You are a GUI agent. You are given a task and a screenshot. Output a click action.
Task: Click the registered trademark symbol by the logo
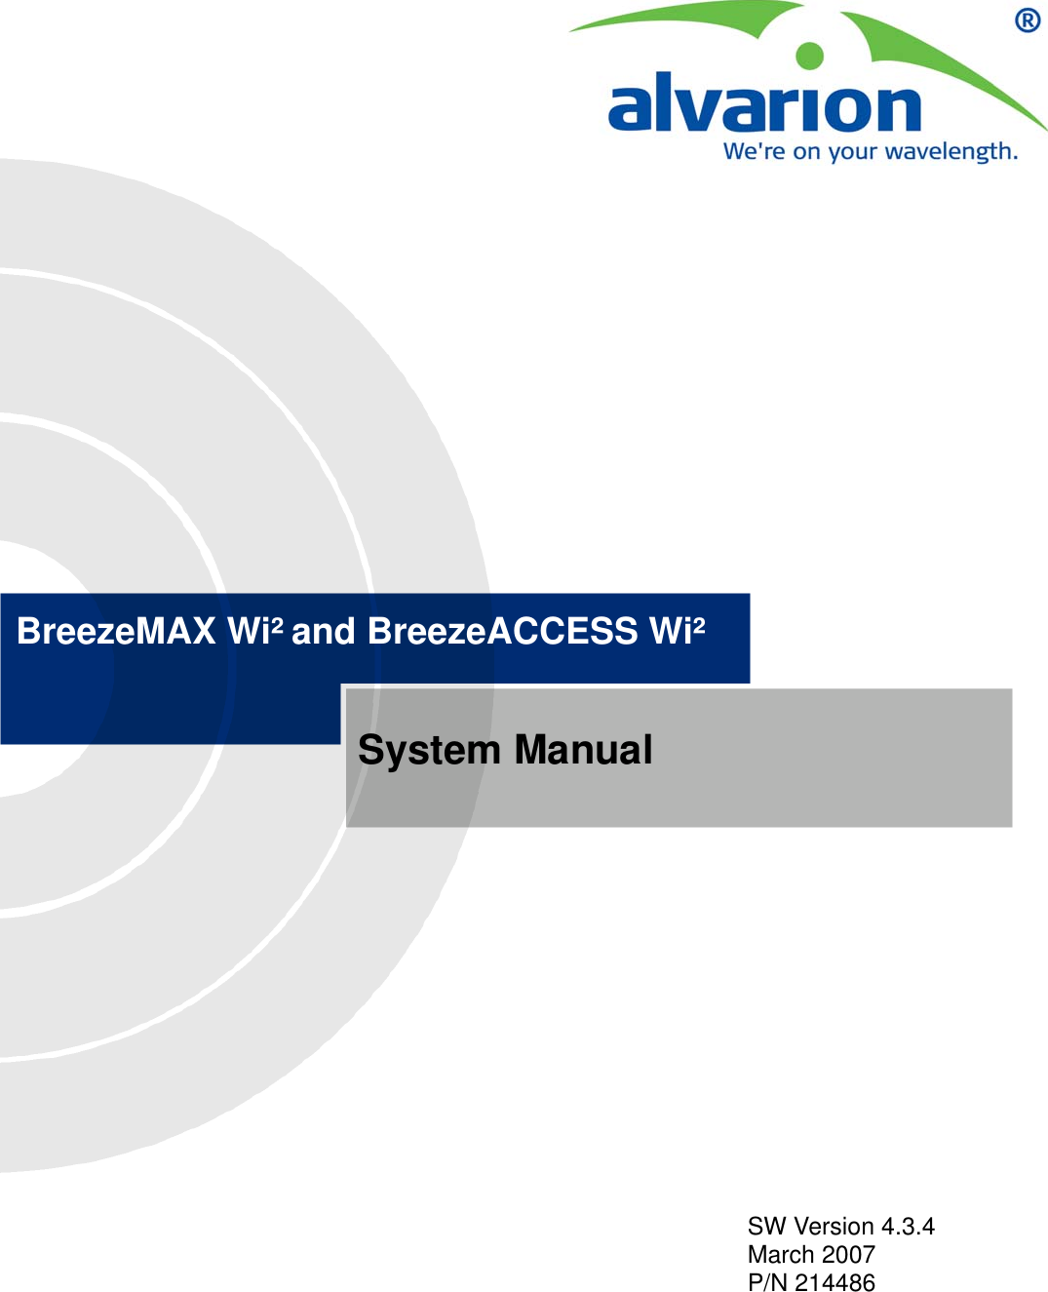tap(1028, 20)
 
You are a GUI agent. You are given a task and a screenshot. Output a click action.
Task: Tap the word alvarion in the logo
tap(764, 105)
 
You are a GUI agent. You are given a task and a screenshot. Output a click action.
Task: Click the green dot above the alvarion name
tap(809, 56)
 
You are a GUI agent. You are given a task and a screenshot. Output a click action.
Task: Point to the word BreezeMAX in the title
tap(116, 632)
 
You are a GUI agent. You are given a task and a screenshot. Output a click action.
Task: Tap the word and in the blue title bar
tap(324, 632)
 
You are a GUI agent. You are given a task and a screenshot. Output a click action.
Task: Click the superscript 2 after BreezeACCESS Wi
tap(698, 623)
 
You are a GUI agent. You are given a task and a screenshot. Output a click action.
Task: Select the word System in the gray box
tap(428, 750)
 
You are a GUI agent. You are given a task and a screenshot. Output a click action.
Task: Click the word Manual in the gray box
tap(583, 750)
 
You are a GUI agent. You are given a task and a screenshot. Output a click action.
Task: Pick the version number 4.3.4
tap(908, 1227)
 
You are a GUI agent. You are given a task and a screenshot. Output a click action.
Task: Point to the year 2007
tap(848, 1255)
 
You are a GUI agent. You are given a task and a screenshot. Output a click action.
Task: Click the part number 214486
tap(835, 1282)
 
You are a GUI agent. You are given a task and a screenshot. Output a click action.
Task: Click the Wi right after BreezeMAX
tap(248, 632)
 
